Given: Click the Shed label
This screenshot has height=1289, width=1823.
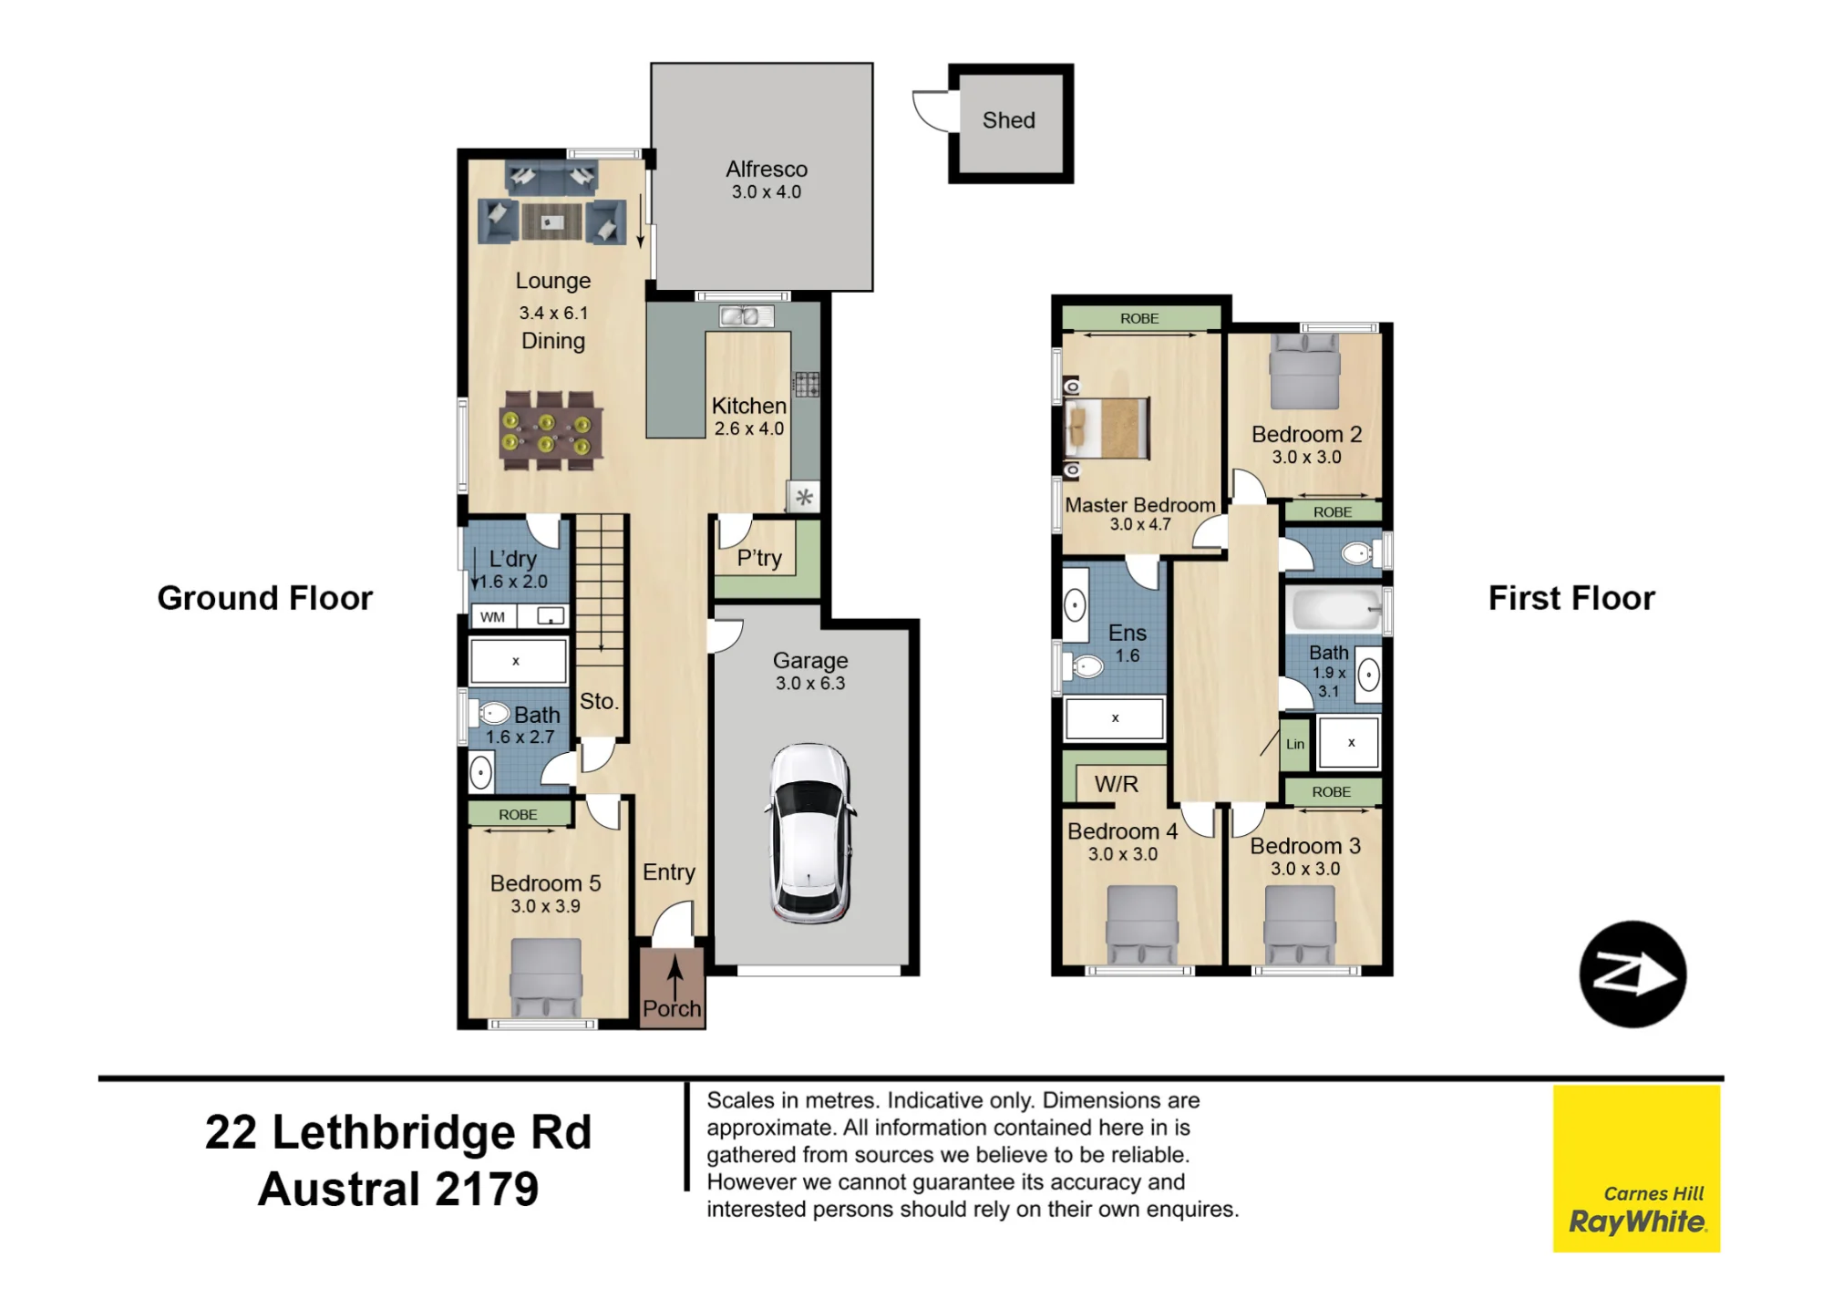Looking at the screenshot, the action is [1008, 120].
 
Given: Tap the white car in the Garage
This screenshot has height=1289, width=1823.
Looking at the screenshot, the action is [810, 833].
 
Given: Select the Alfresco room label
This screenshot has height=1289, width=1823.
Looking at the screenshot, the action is [767, 170].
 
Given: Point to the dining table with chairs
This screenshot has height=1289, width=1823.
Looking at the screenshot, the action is [550, 430].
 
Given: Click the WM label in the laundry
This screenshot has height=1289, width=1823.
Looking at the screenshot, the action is [492, 617].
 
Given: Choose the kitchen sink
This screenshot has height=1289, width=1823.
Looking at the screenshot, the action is [747, 316].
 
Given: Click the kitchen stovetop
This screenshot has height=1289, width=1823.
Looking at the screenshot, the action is [806, 385].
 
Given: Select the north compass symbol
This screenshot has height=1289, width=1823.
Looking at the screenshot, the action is [1632, 974].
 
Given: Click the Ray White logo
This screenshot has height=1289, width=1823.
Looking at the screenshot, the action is [1636, 1169].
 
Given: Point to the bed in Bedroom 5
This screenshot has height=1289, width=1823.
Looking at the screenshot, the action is [545, 978].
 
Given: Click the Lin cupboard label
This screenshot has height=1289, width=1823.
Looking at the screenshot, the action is [1295, 744].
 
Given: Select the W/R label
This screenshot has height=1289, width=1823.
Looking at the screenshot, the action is [1117, 784].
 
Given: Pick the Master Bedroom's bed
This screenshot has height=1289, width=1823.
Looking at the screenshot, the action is [1107, 428].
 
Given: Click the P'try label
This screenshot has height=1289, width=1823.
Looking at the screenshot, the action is [759, 558].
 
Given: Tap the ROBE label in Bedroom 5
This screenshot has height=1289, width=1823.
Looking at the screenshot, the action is [518, 815].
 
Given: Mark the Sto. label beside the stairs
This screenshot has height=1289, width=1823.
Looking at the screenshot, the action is [599, 701].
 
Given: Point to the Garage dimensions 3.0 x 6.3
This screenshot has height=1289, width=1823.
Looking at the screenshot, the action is [810, 684].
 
